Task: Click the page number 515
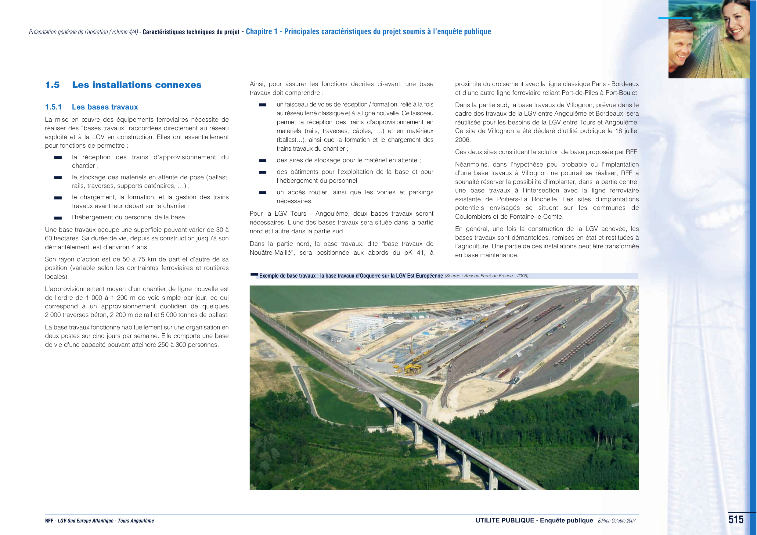(x=736, y=520)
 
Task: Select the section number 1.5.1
(x=53, y=107)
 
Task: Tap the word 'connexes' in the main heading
(x=178, y=85)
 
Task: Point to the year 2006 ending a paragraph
(x=463, y=140)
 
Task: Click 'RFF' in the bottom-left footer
(x=49, y=521)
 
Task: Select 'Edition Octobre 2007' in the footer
(x=617, y=521)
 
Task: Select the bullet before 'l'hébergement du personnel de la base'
(x=58, y=218)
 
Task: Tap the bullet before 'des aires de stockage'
(x=263, y=161)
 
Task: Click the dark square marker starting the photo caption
(x=254, y=274)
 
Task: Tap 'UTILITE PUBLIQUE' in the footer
(x=504, y=520)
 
